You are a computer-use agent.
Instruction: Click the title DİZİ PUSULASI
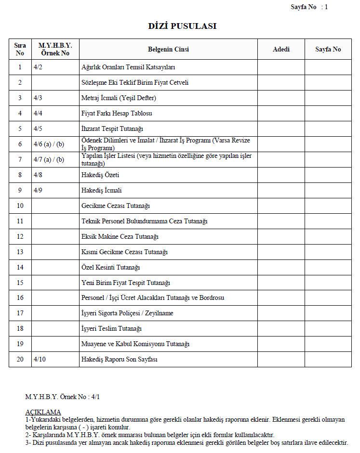click(x=182, y=26)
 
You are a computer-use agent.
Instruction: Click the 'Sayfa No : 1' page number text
click(x=309, y=7)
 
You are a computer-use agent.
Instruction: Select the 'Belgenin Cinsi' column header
click(x=168, y=50)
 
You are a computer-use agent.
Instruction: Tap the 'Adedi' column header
click(x=281, y=50)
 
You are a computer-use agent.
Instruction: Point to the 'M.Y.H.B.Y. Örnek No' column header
click(x=55, y=50)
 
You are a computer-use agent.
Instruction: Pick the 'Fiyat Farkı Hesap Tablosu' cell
click(x=117, y=114)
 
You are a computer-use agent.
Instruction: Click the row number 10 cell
click(x=20, y=206)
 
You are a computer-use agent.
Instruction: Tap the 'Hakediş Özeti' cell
click(x=100, y=175)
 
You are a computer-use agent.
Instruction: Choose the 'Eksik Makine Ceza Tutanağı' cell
click(x=120, y=237)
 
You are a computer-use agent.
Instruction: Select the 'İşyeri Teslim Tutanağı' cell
click(x=111, y=329)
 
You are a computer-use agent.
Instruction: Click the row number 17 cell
click(x=20, y=313)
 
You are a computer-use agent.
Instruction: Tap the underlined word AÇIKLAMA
click(x=43, y=412)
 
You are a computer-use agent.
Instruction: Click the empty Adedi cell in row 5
click(x=281, y=129)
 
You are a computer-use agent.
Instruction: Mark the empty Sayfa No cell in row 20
click(x=328, y=360)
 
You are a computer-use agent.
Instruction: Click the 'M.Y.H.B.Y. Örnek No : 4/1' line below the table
click(x=63, y=397)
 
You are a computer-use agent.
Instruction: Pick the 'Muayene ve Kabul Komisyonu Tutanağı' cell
click(x=135, y=344)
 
